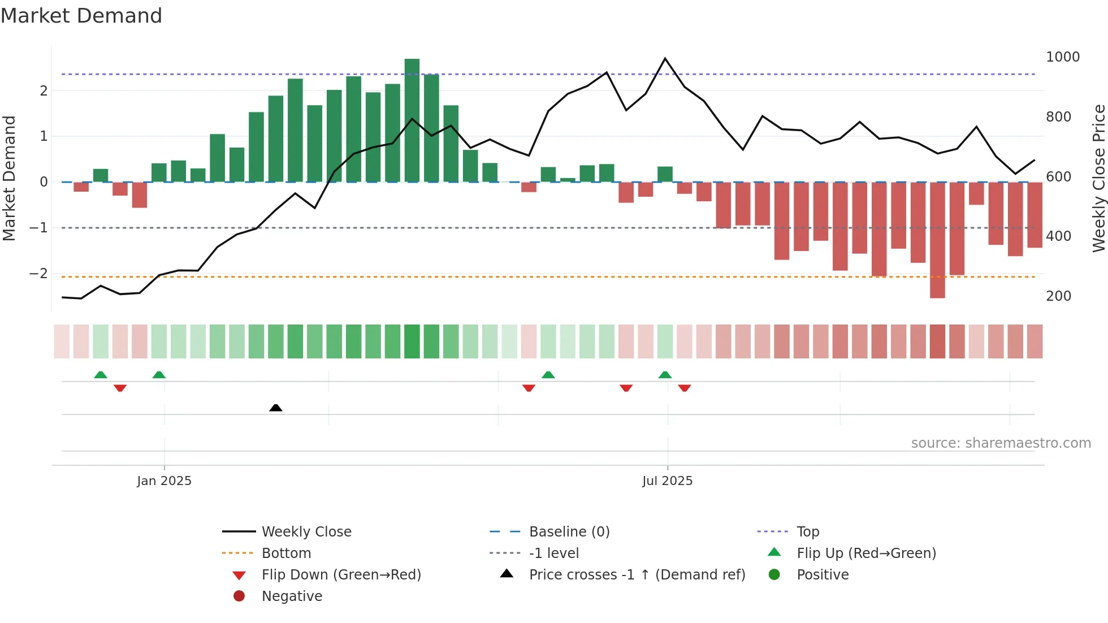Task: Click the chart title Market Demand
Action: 81,16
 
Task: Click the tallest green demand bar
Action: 412,120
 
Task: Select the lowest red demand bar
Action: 937,240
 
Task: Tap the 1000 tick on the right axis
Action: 1062,57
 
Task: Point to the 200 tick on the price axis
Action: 1058,296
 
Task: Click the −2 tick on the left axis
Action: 38,274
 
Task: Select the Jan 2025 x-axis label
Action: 164,481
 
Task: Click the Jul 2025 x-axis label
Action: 667,481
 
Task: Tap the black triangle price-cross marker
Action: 276,408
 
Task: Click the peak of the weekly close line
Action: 665,59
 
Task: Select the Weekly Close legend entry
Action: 306,532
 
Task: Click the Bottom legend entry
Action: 286,553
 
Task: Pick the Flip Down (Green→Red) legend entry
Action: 341,575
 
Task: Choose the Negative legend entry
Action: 292,596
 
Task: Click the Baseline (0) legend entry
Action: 569,532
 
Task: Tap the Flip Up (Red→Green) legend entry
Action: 866,553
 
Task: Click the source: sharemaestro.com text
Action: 1001,443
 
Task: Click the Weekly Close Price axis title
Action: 1098,178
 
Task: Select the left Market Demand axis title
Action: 9,178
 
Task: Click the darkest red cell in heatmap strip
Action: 937,341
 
